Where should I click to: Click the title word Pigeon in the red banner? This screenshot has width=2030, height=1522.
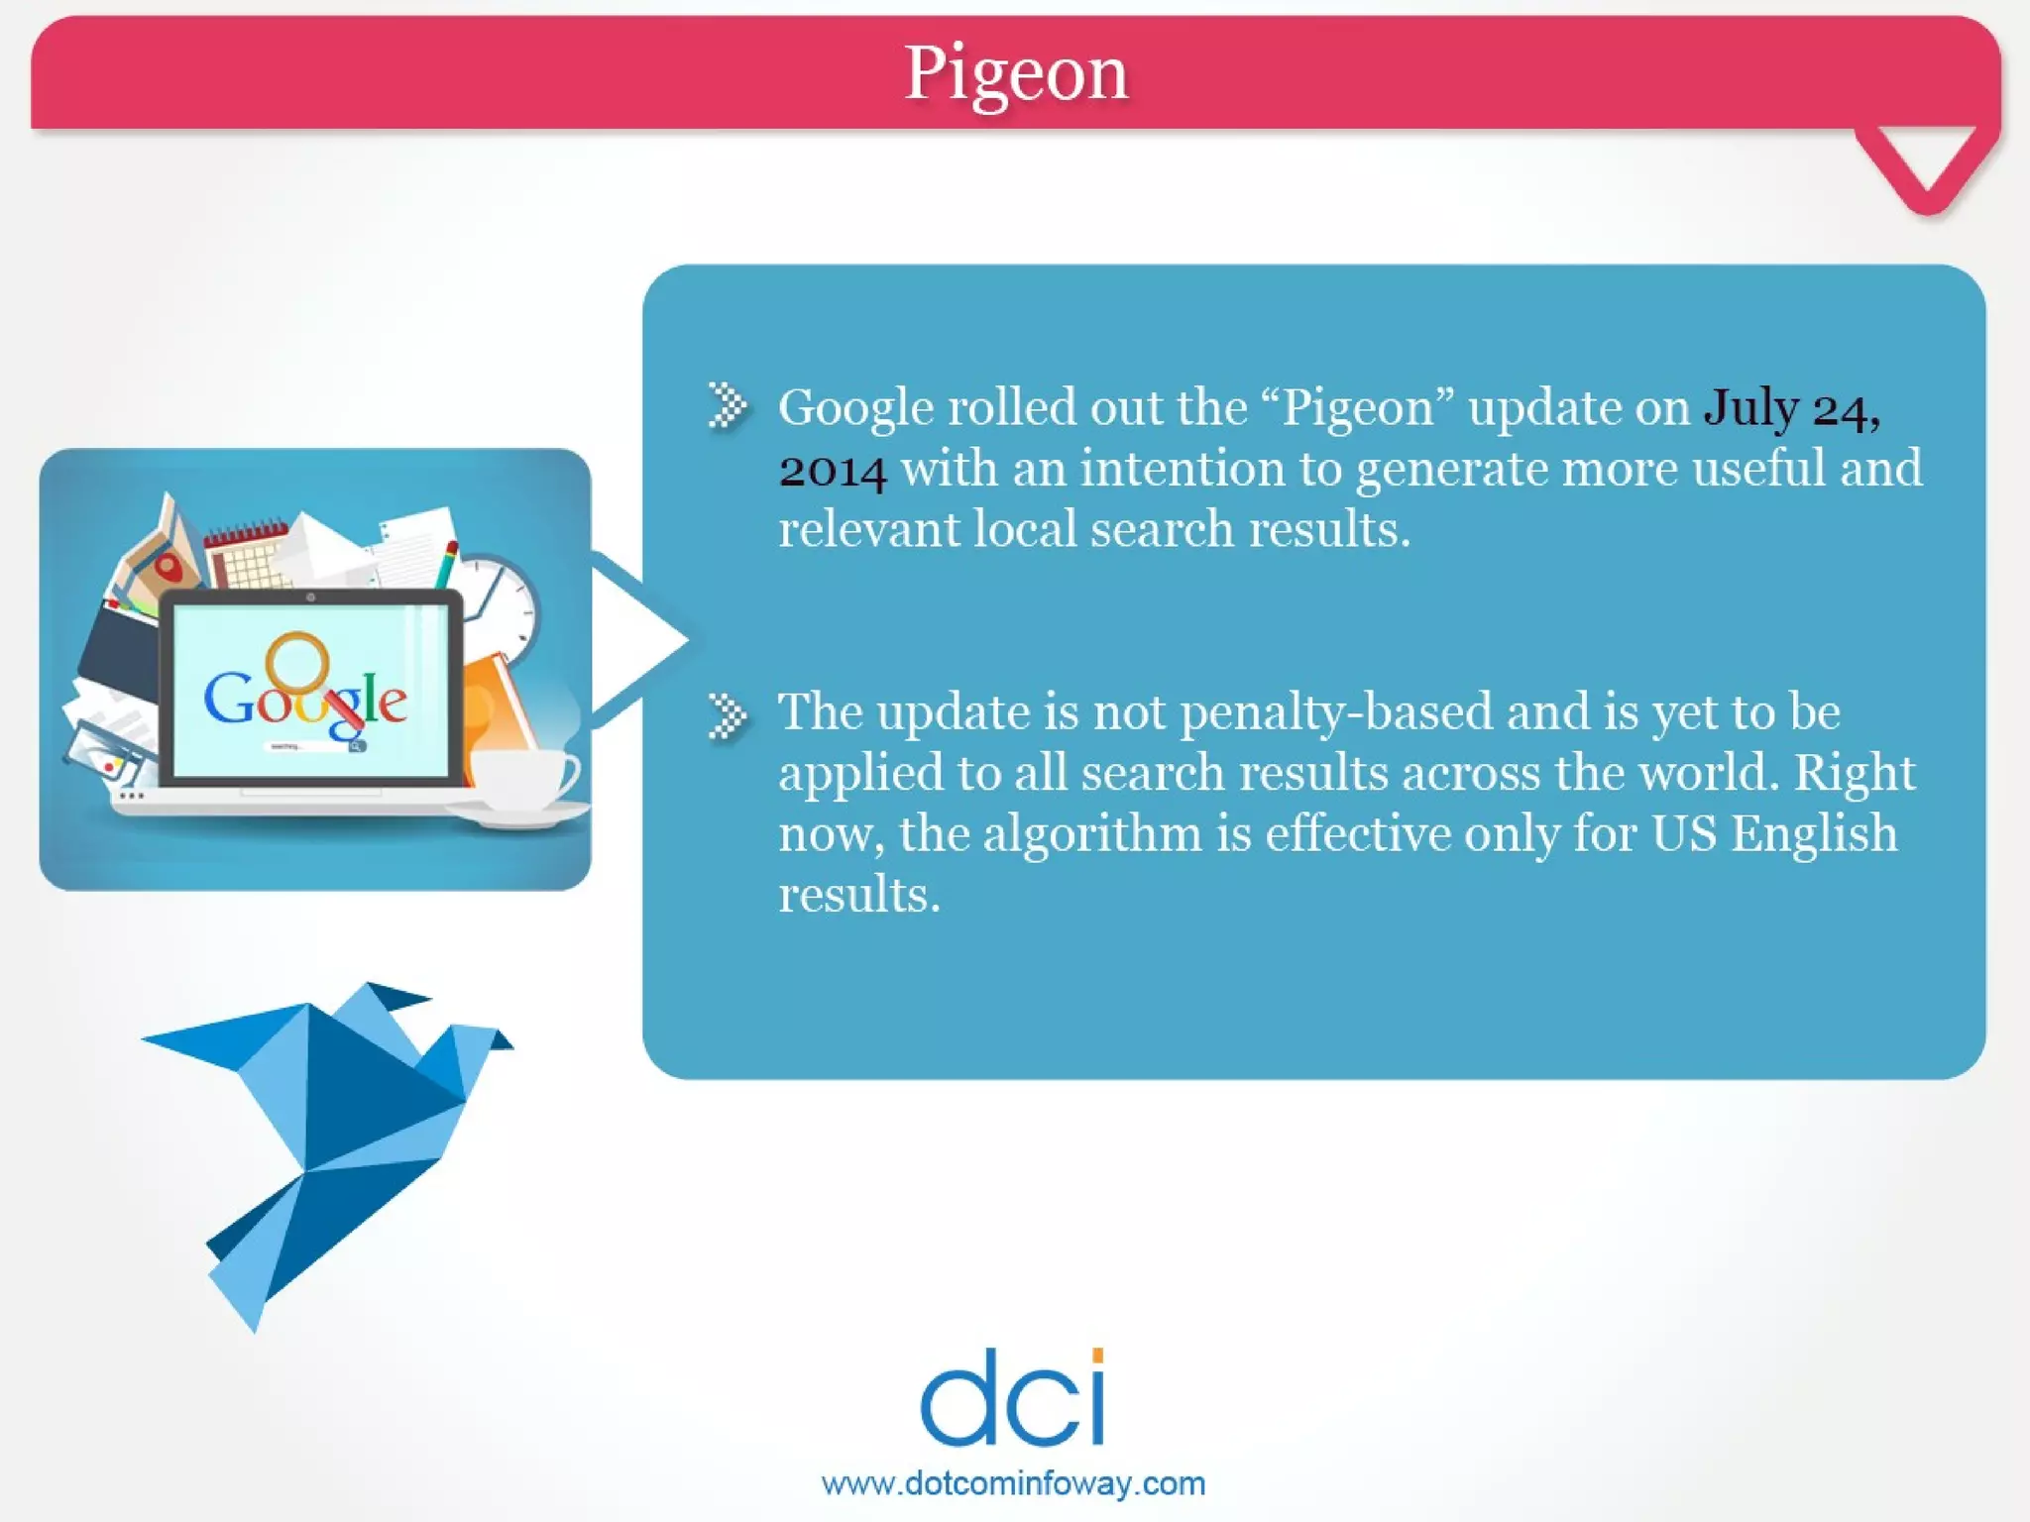click(1016, 73)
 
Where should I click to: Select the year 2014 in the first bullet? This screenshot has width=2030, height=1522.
click(832, 470)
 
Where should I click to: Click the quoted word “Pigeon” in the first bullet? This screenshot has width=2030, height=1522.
click(1357, 407)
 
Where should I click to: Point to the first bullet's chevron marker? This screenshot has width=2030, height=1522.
click(728, 405)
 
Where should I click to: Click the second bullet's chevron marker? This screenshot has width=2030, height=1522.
click(728, 715)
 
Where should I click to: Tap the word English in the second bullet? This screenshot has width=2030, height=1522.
click(1813, 833)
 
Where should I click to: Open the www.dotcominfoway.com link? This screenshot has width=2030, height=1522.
click(1013, 1483)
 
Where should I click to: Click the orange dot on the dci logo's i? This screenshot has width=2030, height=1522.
click(1097, 1356)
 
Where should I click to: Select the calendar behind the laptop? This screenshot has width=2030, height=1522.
click(243, 555)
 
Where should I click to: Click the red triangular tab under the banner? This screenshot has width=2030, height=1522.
click(1926, 163)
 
